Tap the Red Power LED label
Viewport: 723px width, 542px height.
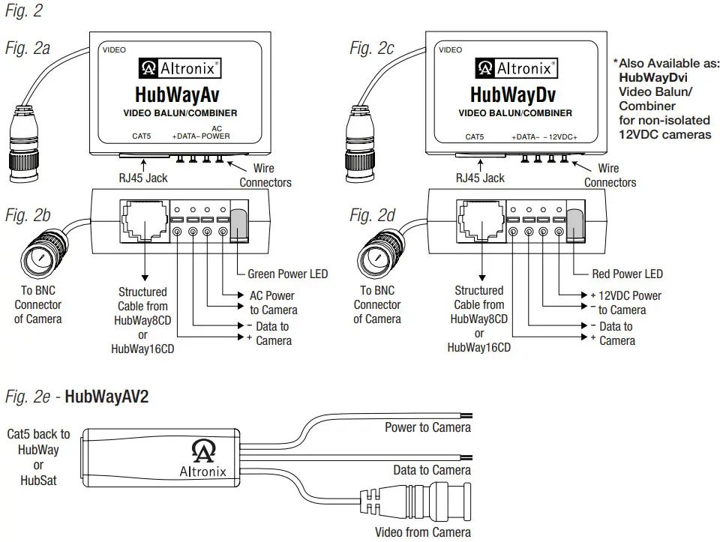[x=627, y=274]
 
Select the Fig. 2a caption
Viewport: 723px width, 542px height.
[x=28, y=49]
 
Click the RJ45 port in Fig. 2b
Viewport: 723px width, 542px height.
[x=142, y=218]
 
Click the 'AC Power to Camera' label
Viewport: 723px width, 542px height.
[x=273, y=303]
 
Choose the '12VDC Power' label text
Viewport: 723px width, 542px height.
[x=630, y=295]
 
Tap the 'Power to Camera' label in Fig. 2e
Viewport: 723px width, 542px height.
[x=427, y=427]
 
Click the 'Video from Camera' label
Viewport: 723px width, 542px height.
[x=423, y=532]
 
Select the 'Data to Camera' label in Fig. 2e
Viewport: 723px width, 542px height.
[x=432, y=470]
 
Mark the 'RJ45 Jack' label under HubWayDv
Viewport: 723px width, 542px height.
[x=480, y=178]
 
